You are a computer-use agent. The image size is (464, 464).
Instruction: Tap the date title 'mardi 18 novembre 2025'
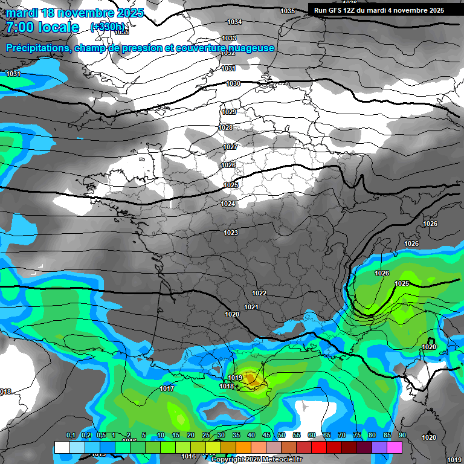click(x=74, y=13)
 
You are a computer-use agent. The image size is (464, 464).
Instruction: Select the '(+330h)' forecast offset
click(x=107, y=27)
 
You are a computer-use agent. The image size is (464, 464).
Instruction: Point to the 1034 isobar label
click(x=234, y=22)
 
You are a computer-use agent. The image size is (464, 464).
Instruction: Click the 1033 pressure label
click(x=229, y=38)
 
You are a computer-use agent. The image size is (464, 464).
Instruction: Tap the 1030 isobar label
click(x=233, y=83)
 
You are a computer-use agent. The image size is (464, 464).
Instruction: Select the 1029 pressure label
click(x=229, y=112)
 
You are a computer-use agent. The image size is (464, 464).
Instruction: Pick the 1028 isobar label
click(x=225, y=127)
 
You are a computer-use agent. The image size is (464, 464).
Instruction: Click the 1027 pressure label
click(x=230, y=147)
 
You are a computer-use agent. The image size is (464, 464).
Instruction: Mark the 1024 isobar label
click(x=228, y=204)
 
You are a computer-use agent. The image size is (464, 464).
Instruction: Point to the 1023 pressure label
click(x=231, y=233)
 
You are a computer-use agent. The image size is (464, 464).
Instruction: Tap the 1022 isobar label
click(x=259, y=293)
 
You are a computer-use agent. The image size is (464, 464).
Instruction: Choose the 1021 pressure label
click(x=251, y=307)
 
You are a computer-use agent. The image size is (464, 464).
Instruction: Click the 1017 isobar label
click(x=167, y=388)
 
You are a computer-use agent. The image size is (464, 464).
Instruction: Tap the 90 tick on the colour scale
click(x=402, y=435)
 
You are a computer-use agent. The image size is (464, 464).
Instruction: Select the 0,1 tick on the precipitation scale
click(x=71, y=435)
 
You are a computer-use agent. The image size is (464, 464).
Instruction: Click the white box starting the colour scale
click(x=62, y=447)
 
